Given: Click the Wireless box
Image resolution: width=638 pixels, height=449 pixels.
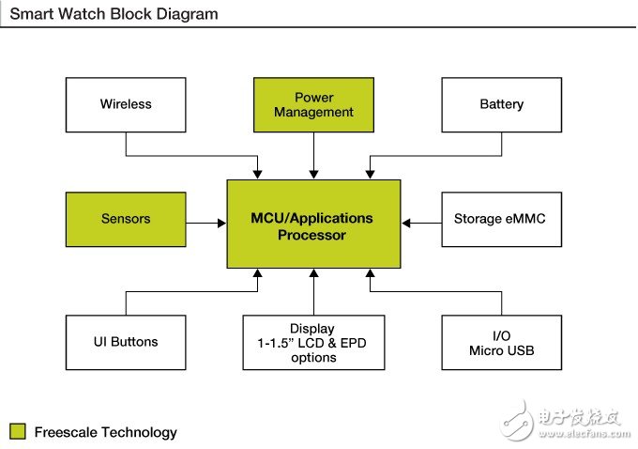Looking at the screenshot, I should (x=126, y=104).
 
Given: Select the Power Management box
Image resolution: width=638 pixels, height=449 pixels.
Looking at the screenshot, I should (x=313, y=104).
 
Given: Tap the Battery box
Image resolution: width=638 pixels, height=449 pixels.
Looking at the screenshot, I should (x=501, y=104).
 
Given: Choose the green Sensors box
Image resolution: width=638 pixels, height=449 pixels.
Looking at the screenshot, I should (x=126, y=219).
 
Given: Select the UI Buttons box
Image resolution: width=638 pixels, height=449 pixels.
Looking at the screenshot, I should (x=126, y=342).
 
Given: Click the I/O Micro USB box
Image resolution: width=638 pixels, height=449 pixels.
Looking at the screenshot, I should (x=501, y=342).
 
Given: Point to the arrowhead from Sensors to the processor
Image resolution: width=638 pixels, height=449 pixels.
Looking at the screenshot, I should (x=220, y=223).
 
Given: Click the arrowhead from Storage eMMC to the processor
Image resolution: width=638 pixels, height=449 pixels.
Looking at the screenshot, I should (x=406, y=223).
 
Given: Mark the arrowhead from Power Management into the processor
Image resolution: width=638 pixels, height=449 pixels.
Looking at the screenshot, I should (x=313, y=174).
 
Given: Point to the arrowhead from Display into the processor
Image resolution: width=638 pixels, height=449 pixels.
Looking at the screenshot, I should (x=313, y=272).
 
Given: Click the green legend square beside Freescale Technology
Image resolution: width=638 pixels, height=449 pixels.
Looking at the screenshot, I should (x=17, y=432).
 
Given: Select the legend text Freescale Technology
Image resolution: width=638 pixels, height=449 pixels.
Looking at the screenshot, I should (x=105, y=432).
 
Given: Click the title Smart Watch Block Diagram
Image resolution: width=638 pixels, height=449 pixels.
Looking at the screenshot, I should (x=114, y=14).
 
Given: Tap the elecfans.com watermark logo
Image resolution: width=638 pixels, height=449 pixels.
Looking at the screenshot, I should (x=562, y=419).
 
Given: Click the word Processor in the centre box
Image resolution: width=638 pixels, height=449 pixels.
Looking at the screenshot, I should (x=312, y=235).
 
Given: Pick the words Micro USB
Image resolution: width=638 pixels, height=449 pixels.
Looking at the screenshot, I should (x=501, y=350).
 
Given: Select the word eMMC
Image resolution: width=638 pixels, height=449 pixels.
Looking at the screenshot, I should (x=525, y=219).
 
